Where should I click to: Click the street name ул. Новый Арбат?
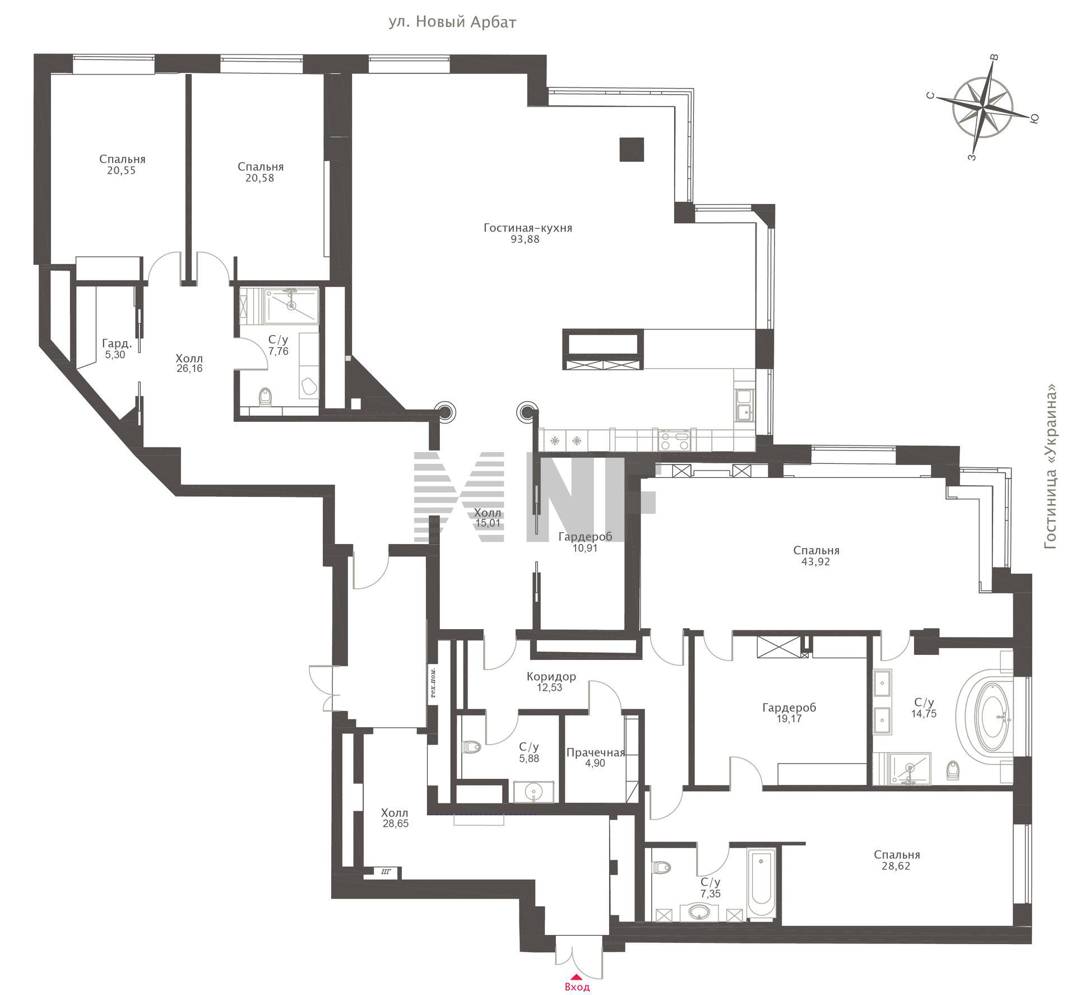click(x=452, y=22)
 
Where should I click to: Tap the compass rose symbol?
click(x=984, y=106)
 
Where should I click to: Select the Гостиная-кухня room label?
click(x=528, y=228)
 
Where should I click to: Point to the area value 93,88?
click(x=525, y=240)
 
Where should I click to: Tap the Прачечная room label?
click(x=595, y=753)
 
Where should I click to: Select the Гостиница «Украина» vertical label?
click(x=1051, y=466)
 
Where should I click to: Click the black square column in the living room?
click(x=632, y=150)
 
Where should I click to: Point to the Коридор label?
click(x=551, y=677)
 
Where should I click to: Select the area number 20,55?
click(x=122, y=171)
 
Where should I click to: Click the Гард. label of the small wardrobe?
click(x=117, y=343)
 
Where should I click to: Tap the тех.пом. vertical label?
click(x=434, y=685)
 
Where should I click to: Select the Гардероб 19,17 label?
click(x=789, y=713)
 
